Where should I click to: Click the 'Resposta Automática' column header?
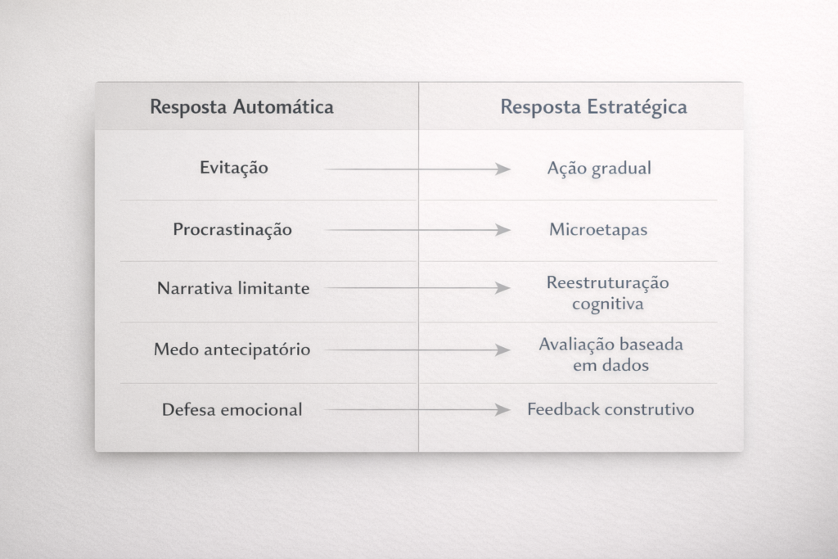241,107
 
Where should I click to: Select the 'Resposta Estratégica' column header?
593,107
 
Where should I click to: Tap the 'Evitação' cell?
234,168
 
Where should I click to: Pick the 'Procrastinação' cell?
232,230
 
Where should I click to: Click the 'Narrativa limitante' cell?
233,288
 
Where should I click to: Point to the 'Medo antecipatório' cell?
232,349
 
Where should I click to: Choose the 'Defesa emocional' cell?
232,409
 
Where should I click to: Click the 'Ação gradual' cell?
599,169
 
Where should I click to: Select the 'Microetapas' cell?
598,230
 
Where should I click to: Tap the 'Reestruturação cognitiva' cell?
607,293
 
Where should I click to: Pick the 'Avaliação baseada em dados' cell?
610,354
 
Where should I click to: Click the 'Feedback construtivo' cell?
610,409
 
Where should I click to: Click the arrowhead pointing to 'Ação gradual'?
503,169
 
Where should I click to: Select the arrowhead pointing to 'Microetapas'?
503,230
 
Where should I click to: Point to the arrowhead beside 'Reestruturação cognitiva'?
503,288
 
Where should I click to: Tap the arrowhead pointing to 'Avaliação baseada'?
503,350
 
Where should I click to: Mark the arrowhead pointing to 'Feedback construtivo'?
503,409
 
